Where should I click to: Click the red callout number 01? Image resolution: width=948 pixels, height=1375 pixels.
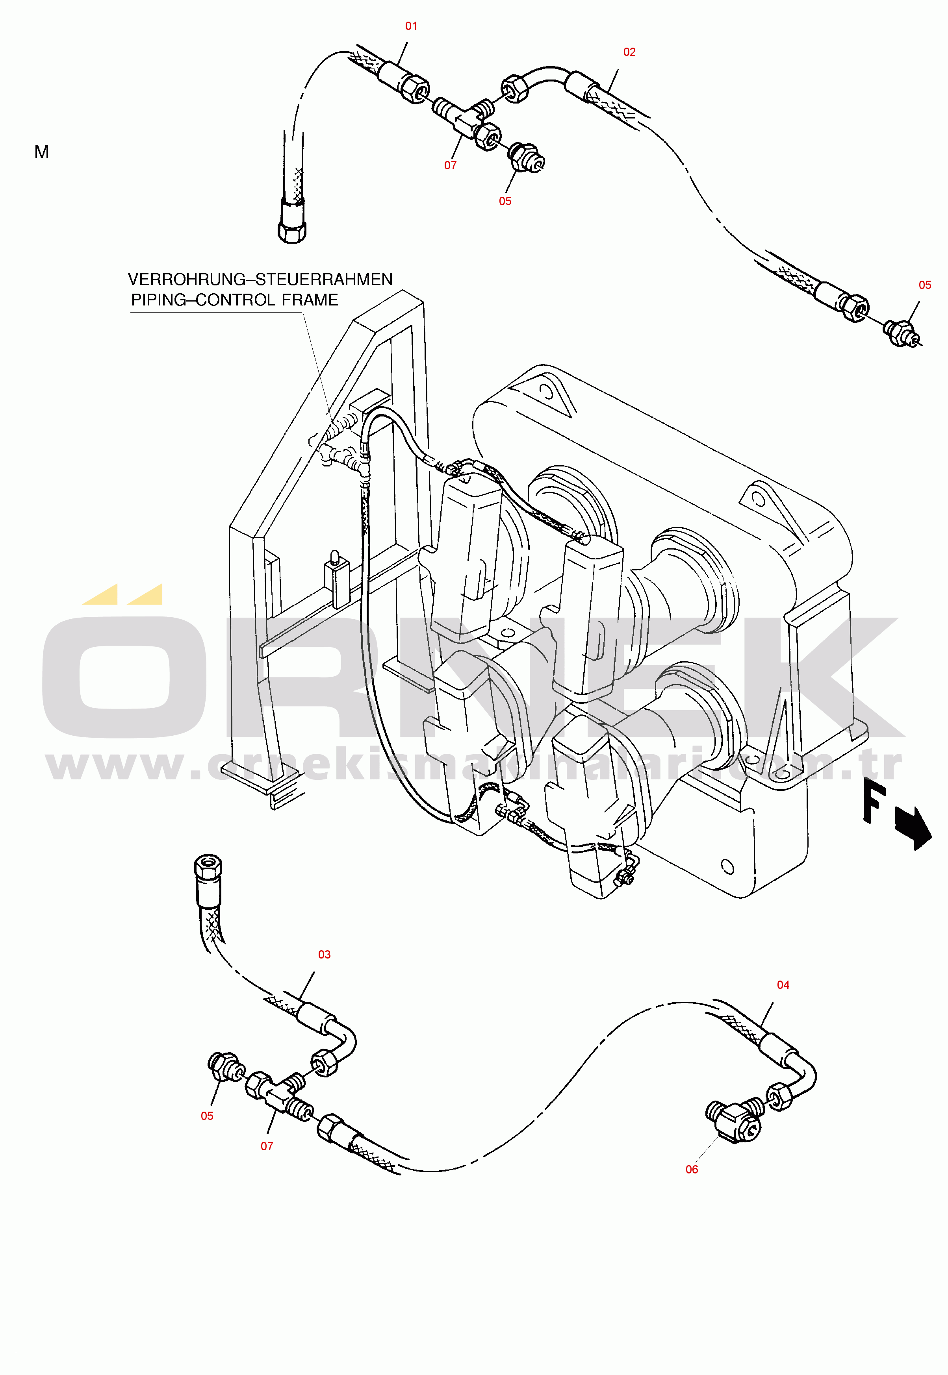(411, 26)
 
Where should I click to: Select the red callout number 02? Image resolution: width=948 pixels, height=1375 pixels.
(629, 52)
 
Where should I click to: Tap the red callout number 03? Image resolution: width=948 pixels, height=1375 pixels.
(324, 955)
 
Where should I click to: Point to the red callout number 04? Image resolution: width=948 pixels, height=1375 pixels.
(783, 985)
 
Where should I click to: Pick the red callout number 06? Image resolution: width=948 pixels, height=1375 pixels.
(691, 1170)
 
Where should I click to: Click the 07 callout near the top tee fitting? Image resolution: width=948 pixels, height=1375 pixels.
(450, 166)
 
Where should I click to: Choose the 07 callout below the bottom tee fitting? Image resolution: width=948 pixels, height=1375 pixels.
(267, 1146)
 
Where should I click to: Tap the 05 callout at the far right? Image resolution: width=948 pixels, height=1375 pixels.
(924, 285)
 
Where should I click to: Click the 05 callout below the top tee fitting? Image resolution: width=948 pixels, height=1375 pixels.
(505, 201)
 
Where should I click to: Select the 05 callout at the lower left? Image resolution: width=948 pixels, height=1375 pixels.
(207, 1116)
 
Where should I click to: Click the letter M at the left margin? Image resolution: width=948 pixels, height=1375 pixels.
(42, 152)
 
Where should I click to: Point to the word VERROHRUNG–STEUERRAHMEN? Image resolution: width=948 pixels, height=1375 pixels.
(260, 279)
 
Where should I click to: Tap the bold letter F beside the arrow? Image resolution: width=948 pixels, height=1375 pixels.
(874, 802)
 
